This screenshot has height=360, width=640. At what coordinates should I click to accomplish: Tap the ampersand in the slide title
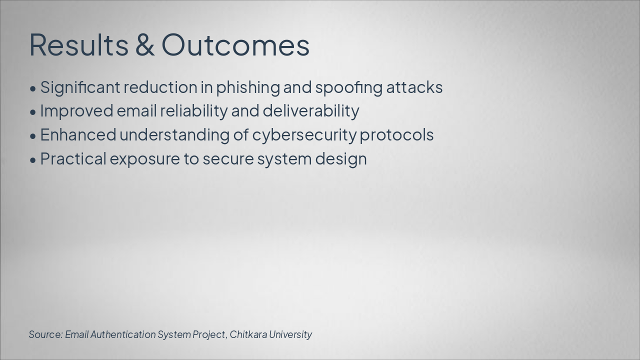click(144, 44)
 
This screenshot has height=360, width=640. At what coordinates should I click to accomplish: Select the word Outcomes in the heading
click(235, 44)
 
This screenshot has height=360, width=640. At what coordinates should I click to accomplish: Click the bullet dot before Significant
click(33, 88)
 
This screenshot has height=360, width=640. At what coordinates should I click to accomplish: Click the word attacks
click(414, 87)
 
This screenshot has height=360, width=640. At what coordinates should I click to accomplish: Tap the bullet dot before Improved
click(33, 112)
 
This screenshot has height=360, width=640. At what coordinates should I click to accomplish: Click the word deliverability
click(310, 111)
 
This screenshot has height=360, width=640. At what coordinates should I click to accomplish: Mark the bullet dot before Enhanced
click(33, 136)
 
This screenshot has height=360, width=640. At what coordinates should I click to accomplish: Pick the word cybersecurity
click(304, 135)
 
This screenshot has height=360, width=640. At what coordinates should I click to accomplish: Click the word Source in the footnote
click(45, 334)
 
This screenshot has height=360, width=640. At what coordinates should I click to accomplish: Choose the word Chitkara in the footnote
click(248, 334)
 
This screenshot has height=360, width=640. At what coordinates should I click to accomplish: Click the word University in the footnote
click(290, 334)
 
